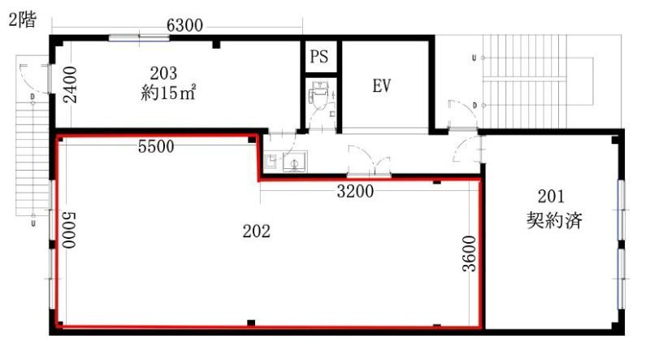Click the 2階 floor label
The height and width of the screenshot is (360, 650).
click(23, 20)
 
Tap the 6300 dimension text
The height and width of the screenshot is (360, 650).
click(184, 25)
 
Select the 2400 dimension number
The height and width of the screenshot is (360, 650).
click(70, 85)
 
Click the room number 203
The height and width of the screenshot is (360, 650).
click(163, 73)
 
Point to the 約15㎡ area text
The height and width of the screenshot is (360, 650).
click(168, 93)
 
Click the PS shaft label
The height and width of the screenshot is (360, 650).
click(318, 56)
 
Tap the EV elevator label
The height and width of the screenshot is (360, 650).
click(381, 86)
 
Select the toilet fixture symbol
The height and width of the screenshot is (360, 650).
click(318, 95)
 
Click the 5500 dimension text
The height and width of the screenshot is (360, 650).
click(156, 146)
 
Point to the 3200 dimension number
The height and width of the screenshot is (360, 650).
click(355, 191)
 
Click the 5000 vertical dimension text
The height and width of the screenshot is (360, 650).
click(69, 230)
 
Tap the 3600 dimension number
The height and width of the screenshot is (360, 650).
click(470, 254)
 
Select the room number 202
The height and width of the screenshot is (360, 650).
click(257, 231)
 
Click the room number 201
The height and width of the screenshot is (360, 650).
click(551, 196)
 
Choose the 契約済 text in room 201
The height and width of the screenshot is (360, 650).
click(554, 220)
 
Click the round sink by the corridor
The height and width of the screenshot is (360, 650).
click(295, 163)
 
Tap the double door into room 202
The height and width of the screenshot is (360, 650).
click(369, 162)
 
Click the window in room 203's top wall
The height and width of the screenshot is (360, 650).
click(139, 38)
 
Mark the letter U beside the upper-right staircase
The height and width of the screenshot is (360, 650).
click(474, 58)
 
